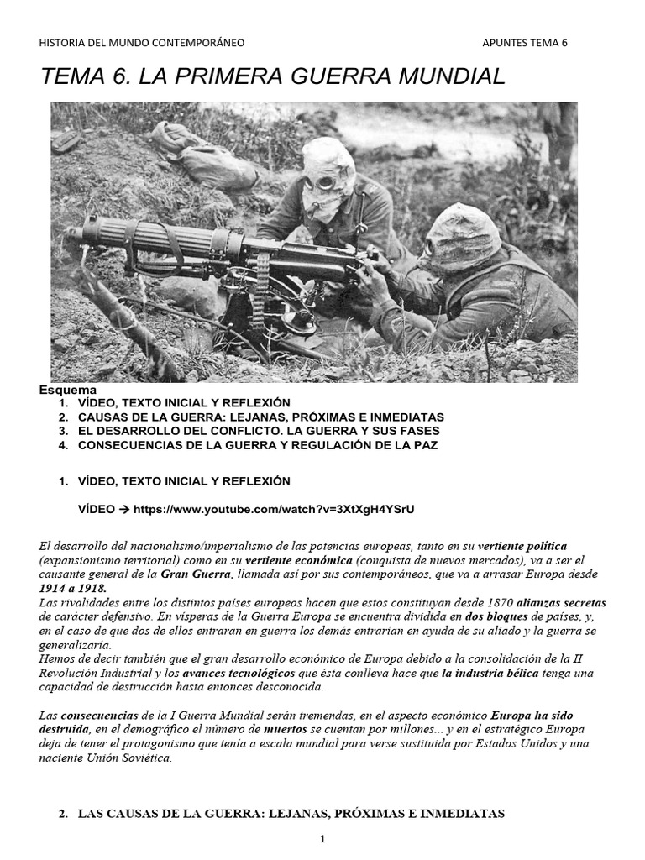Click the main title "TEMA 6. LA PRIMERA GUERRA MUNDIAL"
(x=273, y=77)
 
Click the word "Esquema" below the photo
(x=68, y=390)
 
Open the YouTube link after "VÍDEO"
(x=274, y=509)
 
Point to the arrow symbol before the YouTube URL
(x=122, y=509)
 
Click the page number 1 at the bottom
(x=322, y=839)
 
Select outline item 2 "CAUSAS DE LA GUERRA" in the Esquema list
(x=260, y=417)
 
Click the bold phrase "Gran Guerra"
(x=196, y=574)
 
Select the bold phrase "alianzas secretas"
(x=560, y=603)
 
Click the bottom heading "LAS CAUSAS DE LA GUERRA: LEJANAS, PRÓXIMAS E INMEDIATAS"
(x=291, y=813)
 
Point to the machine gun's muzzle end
(x=73, y=233)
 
